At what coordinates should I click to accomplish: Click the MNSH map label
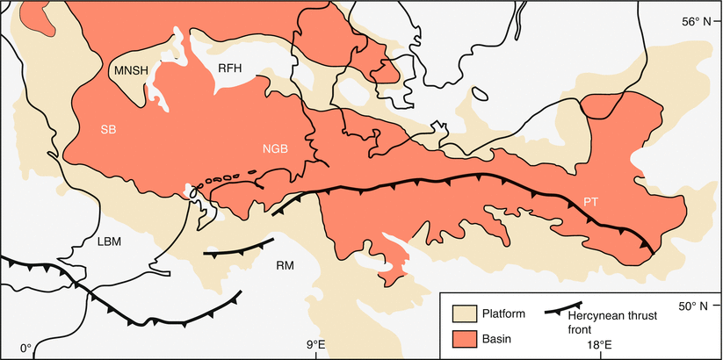click(x=130, y=69)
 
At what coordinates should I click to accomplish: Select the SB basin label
click(x=109, y=130)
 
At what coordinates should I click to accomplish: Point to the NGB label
click(x=274, y=148)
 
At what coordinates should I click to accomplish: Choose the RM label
click(x=285, y=264)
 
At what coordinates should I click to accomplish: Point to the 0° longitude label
click(x=25, y=347)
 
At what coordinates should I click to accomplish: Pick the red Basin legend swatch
click(x=463, y=338)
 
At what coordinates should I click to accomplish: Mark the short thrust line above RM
click(x=238, y=248)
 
